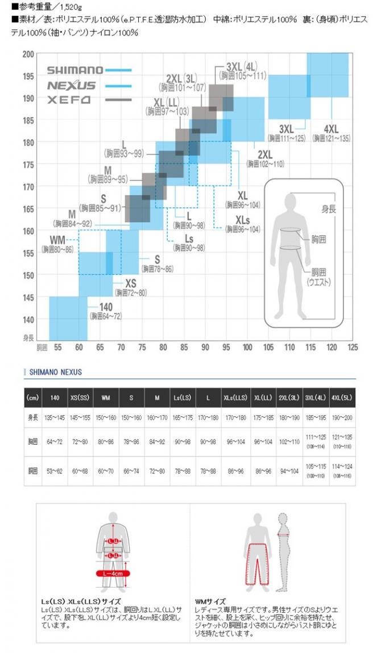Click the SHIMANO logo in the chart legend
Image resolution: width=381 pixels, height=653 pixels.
[x=74, y=70]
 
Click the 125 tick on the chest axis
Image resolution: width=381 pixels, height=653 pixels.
[x=353, y=347]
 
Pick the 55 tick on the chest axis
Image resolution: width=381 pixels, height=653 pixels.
[x=57, y=347]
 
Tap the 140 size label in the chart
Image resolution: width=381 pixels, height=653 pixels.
[x=106, y=307]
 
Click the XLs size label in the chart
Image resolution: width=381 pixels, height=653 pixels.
[x=242, y=220]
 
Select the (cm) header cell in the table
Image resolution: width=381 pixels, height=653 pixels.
[x=33, y=397]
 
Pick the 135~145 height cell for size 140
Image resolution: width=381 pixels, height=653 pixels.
[x=55, y=418]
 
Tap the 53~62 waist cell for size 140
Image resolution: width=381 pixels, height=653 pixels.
[x=55, y=471]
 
